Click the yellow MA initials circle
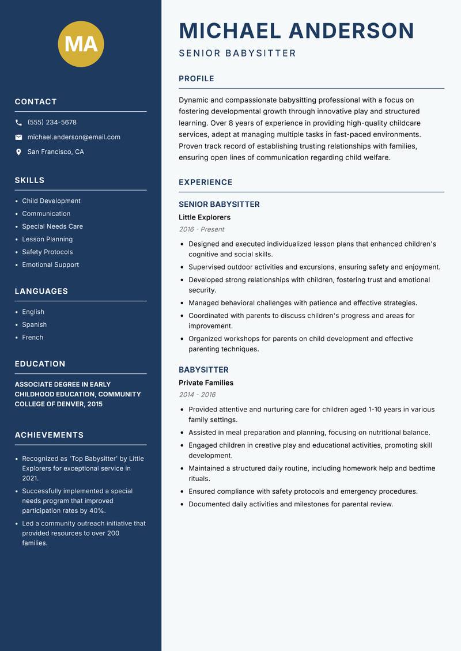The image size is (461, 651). coord(81,44)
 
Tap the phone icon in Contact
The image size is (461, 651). coord(18,123)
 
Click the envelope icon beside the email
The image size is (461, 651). coord(18,137)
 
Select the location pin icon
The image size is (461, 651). coord(18,152)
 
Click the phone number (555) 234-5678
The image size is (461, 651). coord(52,123)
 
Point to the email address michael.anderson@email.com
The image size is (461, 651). coord(74,137)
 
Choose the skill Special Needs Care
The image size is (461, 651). coord(52,226)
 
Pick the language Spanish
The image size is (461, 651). coord(35,325)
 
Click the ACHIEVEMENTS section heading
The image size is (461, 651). coord(49,435)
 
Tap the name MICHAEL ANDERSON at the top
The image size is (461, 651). coord(297,31)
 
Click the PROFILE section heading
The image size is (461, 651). coord(197,79)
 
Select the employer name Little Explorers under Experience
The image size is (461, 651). coord(205,217)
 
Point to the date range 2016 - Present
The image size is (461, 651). coord(202,229)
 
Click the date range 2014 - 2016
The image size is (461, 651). coord(197,395)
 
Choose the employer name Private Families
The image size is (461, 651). coord(206,383)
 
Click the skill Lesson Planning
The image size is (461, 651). coord(47,239)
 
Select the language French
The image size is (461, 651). coord(33,338)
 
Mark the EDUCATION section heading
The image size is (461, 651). coord(40,364)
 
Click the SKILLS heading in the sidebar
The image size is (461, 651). coord(30,180)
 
